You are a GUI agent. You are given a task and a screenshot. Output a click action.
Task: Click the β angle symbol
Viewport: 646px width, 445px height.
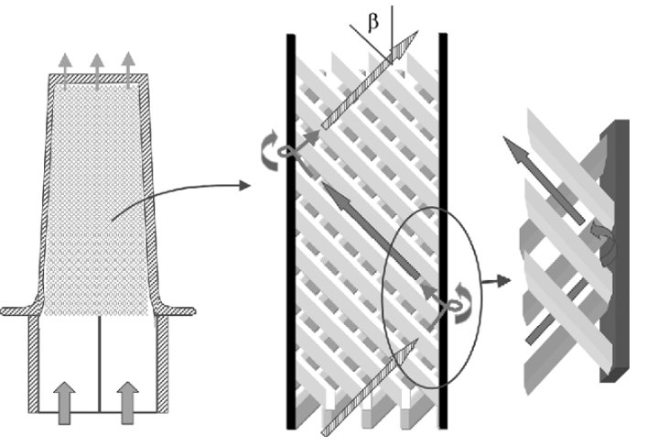pyautogui.click(x=372, y=22)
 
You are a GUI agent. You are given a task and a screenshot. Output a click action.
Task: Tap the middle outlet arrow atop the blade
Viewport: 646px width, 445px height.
pyautogui.click(x=97, y=71)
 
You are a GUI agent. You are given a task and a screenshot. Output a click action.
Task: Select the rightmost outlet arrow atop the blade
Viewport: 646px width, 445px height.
pyautogui.click(x=128, y=71)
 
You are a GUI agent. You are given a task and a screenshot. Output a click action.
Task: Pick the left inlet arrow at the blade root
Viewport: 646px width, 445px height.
pyautogui.click(x=64, y=403)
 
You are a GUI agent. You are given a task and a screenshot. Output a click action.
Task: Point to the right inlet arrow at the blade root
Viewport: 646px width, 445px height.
pyautogui.click(x=128, y=403)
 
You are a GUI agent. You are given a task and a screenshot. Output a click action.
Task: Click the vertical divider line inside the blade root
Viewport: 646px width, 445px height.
pyautogui.click(x=100, y=364)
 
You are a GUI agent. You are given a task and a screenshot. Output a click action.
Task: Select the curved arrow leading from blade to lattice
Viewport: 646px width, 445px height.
pyautogui.click(x=180, y=199)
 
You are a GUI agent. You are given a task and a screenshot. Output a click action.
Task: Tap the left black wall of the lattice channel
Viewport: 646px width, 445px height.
pyautogui.click(x=291, y=232)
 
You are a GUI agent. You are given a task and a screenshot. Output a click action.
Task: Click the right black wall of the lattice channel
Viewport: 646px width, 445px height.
pyautogui.click(x=443, y=231)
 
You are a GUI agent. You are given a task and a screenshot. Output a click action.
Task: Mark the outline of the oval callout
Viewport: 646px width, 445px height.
pyautogui.click(x=432, y=298)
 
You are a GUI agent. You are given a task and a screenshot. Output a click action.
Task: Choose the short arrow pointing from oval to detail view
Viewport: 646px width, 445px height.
pyautogui.click(x=497, y=281)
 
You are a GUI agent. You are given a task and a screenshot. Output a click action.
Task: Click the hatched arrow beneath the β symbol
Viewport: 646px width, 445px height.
pyautogui.click(x=370, y=80)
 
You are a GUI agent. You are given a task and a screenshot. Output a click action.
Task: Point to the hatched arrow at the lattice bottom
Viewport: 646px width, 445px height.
pyautogui.click(x=370, y=387)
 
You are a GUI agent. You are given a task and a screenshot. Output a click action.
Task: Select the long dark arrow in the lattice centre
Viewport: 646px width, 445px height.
pyautogui.click(x=371, y=231)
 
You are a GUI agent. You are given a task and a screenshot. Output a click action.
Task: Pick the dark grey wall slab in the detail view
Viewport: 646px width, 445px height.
pyautogui.click(x=615, y=251)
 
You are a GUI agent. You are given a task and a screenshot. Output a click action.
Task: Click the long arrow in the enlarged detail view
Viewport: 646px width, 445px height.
pyautogui.click(x=544, y=180)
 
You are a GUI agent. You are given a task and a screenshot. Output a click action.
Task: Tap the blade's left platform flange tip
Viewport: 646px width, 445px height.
pyautogui.click(x=3, y=311)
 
